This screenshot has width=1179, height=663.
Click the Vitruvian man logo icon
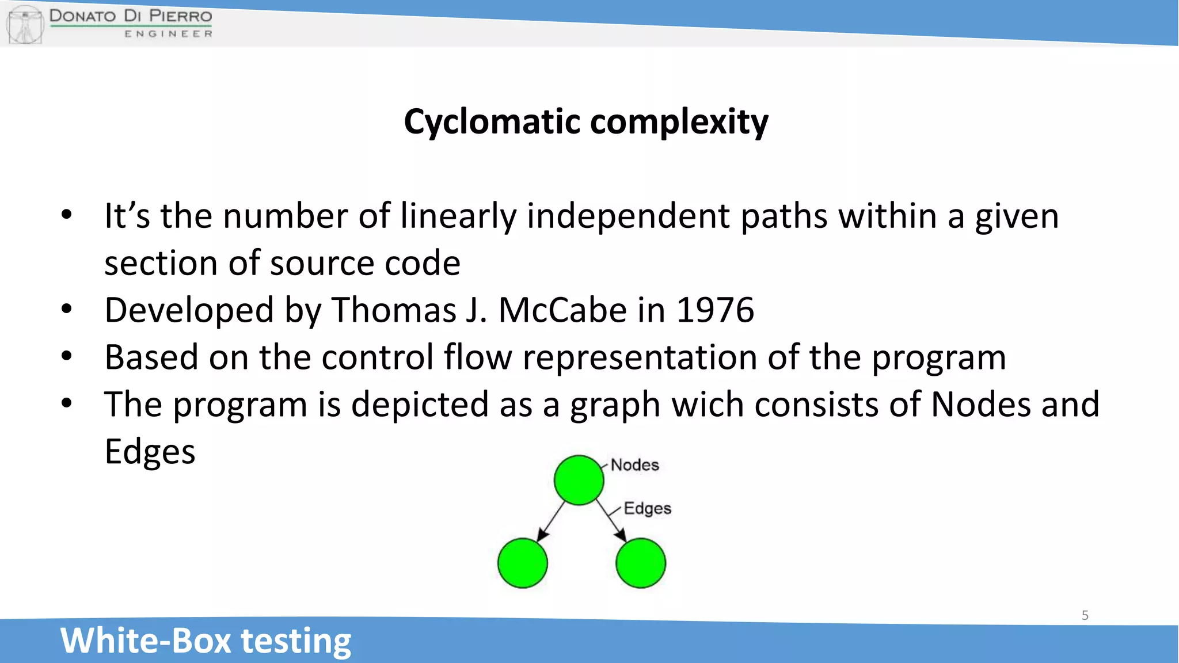tap(25, 24)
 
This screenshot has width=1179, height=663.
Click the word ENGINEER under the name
tap(168, 34)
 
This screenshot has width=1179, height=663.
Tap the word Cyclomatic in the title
tap(492, 122)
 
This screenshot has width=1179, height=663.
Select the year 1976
tap(714, 310)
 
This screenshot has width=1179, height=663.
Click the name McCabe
tap(562, 310)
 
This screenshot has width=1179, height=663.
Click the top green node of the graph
tap(579, 480)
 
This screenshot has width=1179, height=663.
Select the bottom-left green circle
tap(522, 563)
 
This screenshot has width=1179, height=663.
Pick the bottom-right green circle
tap(640, 563)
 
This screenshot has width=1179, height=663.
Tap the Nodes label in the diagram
tap(634, 465)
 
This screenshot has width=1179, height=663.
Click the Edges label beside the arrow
tap(648, 508)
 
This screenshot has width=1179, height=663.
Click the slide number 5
tap(1085, 615)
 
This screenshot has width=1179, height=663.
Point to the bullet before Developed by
tap(67, 309)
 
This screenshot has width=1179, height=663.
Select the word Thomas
tap(394, 310)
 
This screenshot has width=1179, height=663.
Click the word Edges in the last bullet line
tap(150, 452)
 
